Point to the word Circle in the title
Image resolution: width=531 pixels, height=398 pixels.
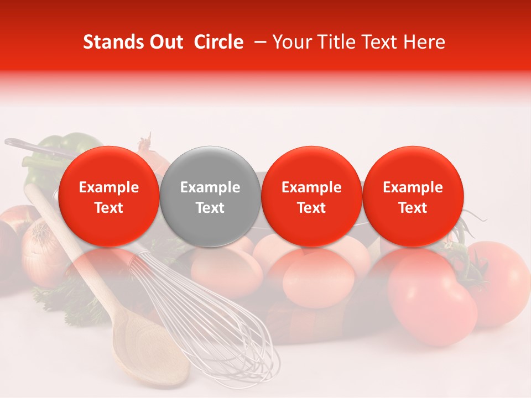tap(218, 42)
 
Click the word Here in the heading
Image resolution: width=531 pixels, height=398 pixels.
tap(426, 42)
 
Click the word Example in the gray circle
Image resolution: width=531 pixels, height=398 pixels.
tap(210, 187)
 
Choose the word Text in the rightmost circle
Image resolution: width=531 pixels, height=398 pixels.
tap(413, 208)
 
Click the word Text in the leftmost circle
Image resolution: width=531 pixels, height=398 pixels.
tap(108, 208)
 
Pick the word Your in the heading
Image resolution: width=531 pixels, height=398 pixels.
tap(291, 42)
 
